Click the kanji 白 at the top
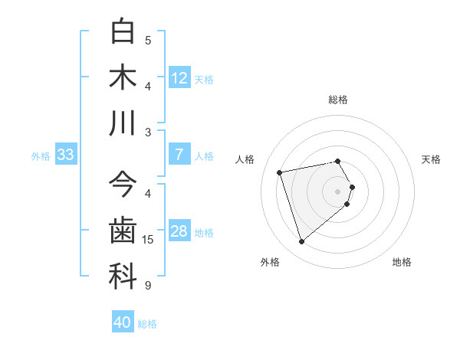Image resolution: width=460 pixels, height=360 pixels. [x=123, y=31]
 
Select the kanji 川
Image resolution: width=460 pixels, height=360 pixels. [x=123, y=123]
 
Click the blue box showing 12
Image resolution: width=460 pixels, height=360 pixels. [x=179, y=77]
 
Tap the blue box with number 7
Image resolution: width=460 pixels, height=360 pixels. [x=179, y=155]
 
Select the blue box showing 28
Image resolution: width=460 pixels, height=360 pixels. [x=179, y=231]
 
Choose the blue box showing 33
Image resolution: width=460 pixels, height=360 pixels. [x=65, y=155]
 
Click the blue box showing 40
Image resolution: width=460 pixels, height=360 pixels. [x=123, y=322]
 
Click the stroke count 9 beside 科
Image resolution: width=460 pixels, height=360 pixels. [x=148, y=286]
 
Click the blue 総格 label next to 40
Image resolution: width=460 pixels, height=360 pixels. [x=147, y=323]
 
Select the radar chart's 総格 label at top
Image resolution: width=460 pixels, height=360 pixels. [x=338, y=100]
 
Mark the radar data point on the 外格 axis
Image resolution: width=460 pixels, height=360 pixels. [x=302, y=242]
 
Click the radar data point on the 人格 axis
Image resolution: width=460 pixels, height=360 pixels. [x=280, y=172]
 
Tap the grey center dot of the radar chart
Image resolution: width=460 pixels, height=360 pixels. [x=338, y=191]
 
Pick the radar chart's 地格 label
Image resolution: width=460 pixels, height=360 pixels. [x=402, y=262]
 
